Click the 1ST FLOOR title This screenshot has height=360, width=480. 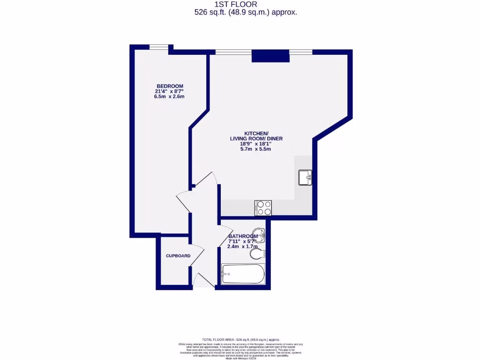[x=246, y=4]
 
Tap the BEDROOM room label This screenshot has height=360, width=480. [x=169, y=86]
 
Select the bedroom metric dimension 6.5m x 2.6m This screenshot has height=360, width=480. [x=169, y=97]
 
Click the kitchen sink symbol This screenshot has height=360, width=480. [x=305, y=178]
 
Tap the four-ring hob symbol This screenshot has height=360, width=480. [x=262, y=208]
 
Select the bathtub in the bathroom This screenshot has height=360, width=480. [x=243, y=274]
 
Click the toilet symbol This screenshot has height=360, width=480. [x=257, y=254]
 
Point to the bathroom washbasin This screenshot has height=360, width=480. [x=258, y=233]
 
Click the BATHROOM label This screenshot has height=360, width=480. [x=243, y=236]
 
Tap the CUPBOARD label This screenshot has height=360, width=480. [x=178, y=256]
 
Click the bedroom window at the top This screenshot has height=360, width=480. [x=159, y=47]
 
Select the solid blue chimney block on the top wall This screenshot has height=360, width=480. [x=266, y=56]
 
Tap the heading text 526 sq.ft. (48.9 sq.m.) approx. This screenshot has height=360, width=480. [x=246, y=13]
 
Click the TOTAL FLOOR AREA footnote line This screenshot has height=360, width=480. [x=240, y=339]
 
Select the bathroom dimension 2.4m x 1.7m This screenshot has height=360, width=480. [x=243, y=247]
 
